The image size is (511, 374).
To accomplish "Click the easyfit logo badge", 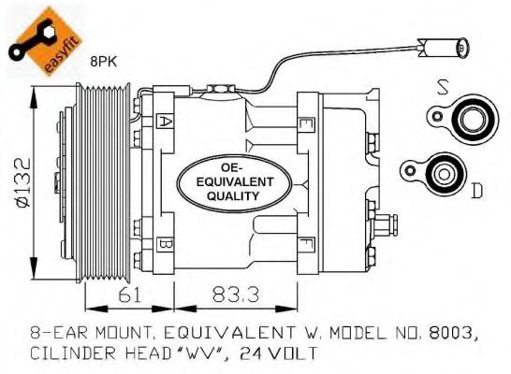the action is coord(45,41).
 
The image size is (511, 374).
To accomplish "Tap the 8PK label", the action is coord(104,62).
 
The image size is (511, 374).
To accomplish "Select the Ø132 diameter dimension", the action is coord(23,182).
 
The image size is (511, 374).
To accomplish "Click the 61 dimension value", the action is coord(130,295).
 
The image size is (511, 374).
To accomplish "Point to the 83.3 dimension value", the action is coord(236,295).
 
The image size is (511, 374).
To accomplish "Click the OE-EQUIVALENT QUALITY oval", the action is coord(234,183).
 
